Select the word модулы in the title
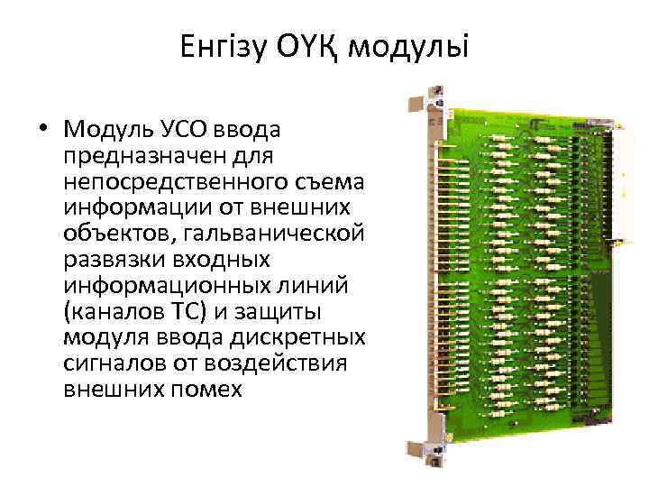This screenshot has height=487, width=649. click(408, 46)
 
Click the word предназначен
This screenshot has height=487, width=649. click(136, 156)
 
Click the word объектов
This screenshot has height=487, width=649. click(114, 234)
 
